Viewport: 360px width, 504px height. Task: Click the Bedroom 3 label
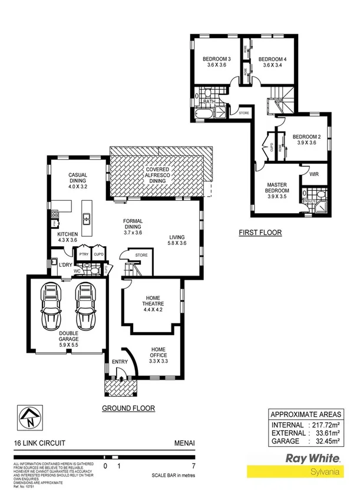(216, 62)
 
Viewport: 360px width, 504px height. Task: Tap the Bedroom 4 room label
(272, 62)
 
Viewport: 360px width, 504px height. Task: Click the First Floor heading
(260, 233)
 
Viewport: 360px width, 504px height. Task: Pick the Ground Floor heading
(128, 407)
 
